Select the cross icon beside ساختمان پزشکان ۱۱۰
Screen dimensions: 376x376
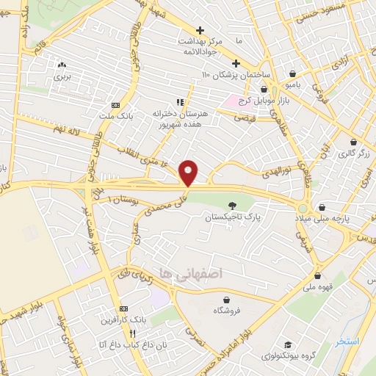[x=236, y=63]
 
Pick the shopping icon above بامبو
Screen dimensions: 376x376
[x=294, y=73]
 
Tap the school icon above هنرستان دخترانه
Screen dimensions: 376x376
[x=179, y=102]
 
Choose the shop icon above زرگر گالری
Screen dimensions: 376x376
[x=355, y=142]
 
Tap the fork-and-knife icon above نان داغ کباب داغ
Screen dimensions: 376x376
[x=133, y=332]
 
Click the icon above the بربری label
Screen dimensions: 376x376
[x=62, y=65]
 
